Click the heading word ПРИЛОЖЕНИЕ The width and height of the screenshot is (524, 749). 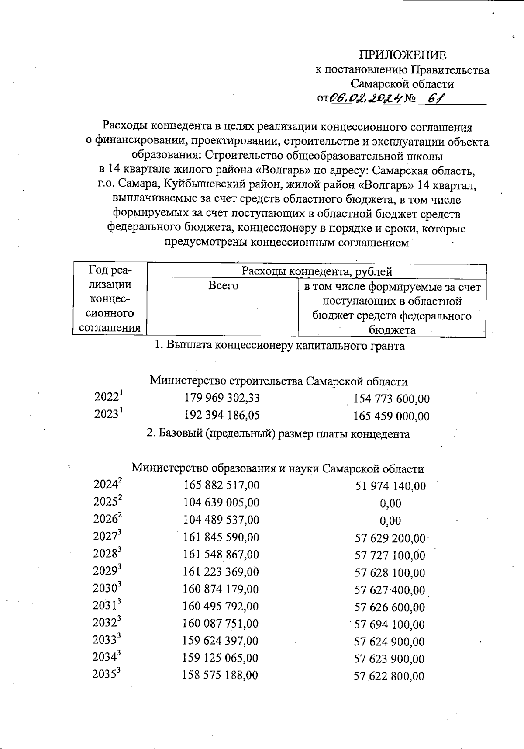(x=402, y=55)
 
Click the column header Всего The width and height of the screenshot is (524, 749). (x=223, y=286)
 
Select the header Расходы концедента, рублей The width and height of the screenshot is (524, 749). (x=317, y=271)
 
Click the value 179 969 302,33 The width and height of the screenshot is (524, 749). (x=222, y=398)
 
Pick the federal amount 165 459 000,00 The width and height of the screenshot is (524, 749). (x=391, y=416)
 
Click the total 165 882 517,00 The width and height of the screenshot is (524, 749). (x=221, y=485)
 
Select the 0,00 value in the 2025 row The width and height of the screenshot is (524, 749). (x=390, y=503)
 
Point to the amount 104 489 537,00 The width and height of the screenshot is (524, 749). (x=221, y=520)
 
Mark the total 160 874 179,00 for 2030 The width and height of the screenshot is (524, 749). (x=221, y=589)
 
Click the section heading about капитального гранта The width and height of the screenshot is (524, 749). (x=279, y=346)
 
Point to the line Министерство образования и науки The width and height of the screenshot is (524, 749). (x=278, y=469)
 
